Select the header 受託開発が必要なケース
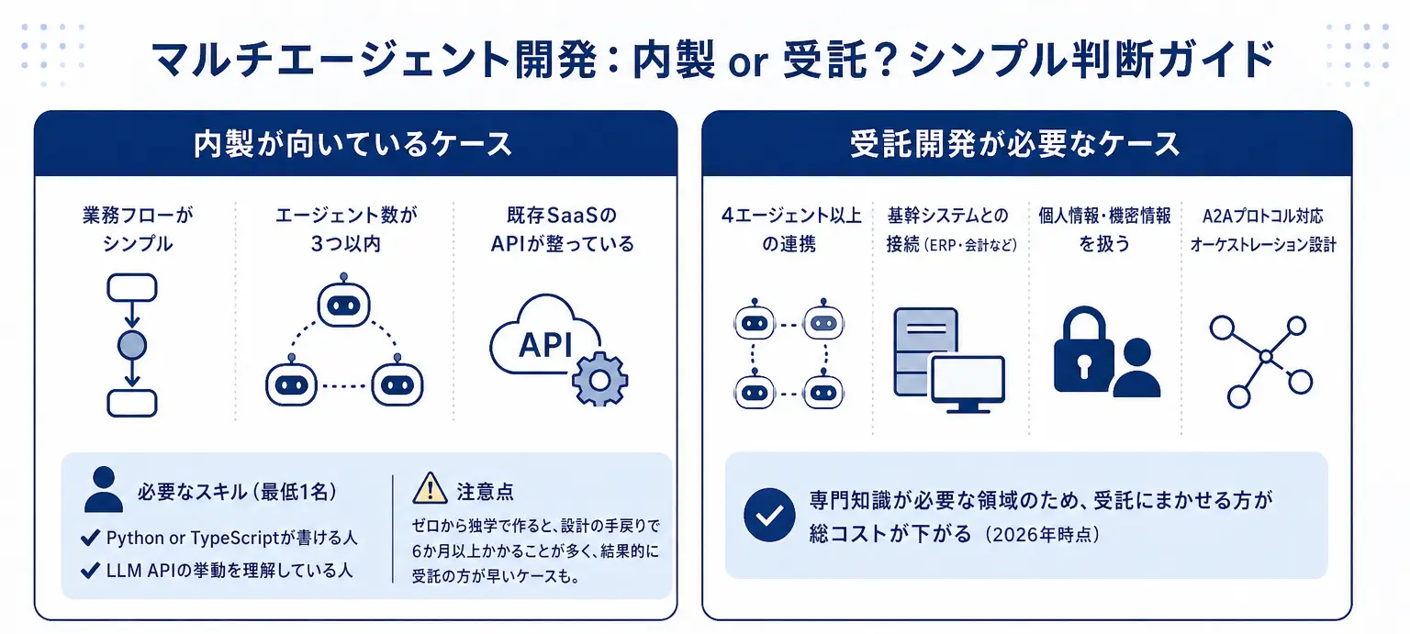[1026, 145]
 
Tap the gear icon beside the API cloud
[600, 377]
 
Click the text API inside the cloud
[545, 345]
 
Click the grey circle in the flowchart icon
[132, 346]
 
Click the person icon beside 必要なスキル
[104, 489]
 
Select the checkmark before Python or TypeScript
[90, 538]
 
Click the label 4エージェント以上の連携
[789, 230]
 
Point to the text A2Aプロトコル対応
[1262, 217]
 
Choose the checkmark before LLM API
[90, 570]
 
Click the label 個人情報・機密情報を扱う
[1104, 230]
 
